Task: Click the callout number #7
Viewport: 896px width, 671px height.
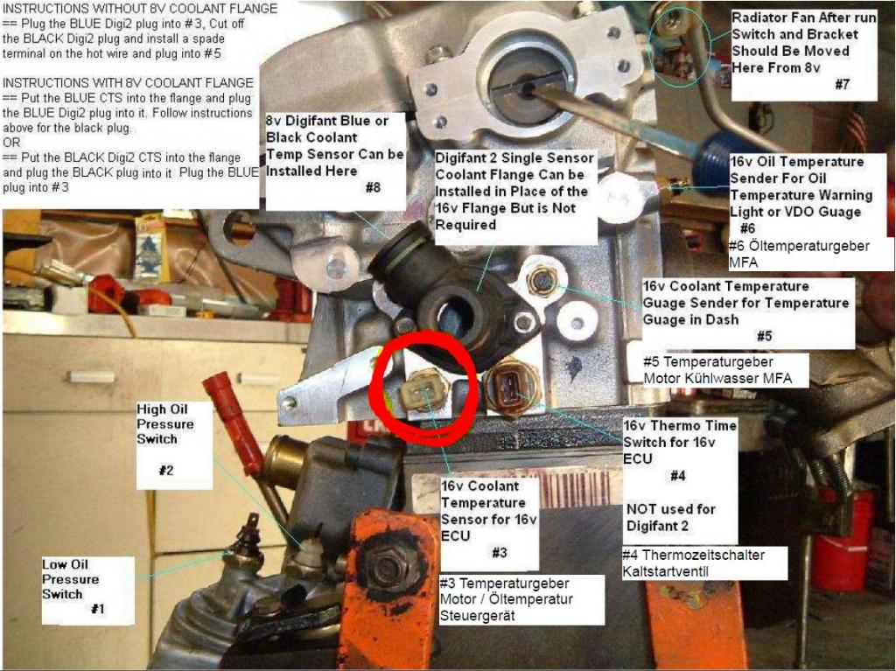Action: click(843, 85)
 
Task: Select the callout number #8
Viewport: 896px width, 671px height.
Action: click(373, 187)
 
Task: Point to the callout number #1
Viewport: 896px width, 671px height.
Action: click(98, 609)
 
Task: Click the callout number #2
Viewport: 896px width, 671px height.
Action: click(165, 471)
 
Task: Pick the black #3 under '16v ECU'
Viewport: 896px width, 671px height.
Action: click(500, 553)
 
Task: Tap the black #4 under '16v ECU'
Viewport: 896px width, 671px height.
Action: click(678, 476)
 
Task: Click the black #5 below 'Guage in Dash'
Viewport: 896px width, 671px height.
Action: click(765, 336)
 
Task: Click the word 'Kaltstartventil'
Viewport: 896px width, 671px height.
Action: click(666, 571)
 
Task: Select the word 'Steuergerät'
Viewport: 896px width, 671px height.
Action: click(477, 616)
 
